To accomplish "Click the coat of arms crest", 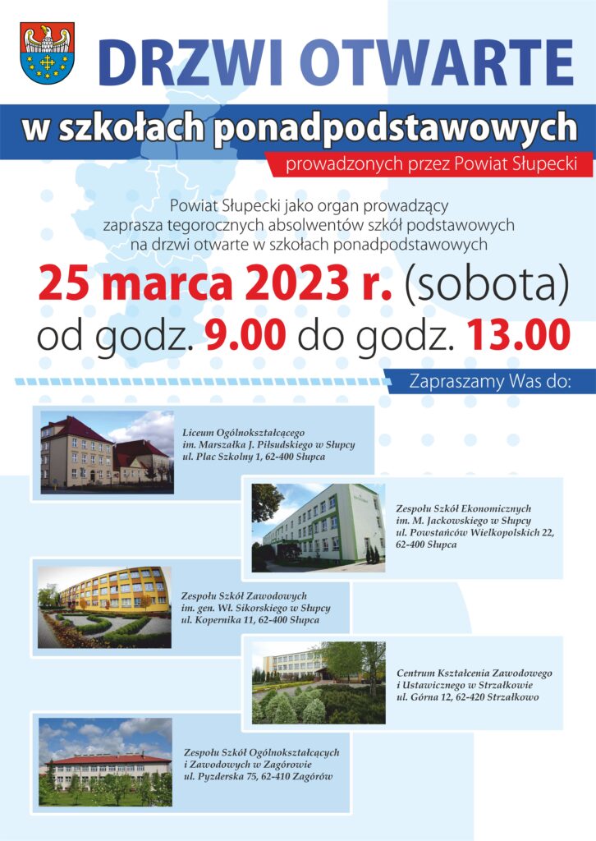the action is pyautogui.click(x=47, y=53).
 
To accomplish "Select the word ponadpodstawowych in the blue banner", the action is pyautogui.click(x=396, y=129).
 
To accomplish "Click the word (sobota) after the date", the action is pyautogui.click(x=486, y=284).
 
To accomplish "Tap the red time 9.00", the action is pyautogui.click(x=245, y=335).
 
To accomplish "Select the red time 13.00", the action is pyautogui.click(x=518, y=335).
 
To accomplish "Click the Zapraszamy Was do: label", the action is pyautogui.click(x=490, y=381).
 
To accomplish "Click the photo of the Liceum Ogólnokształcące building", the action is pyautogui.click(x=108, y=453).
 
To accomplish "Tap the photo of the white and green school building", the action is pyautogui.click(x=319, y=528).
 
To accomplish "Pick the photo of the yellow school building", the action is pyautogui.click(x=104, y=607).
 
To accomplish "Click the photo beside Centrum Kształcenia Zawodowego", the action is pyautogui.click(x=319, y=682).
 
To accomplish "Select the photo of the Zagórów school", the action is pyautogui.click(x=106, y=762).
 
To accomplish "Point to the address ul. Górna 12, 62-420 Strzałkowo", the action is pyautogui.click(x=468, y=697).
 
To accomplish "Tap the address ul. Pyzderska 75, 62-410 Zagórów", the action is pyautogui.click(x=259, y=777).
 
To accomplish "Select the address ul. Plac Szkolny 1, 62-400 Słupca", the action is pyautogui.click(x=254, y=457).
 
